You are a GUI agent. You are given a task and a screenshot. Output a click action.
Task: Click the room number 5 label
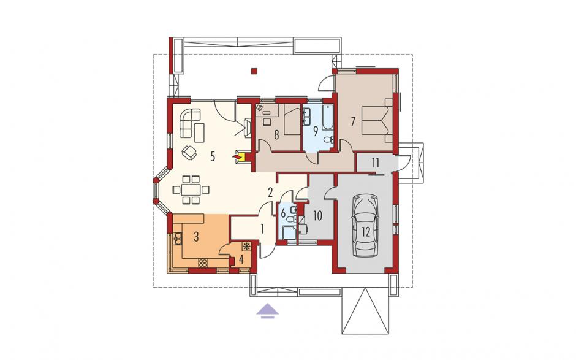213,156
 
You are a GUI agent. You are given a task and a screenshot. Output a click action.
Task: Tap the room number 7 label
353,121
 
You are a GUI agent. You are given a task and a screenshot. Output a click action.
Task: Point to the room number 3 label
196,237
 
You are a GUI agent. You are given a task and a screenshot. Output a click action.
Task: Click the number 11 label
375,163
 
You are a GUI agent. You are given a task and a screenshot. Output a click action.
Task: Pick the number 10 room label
317,215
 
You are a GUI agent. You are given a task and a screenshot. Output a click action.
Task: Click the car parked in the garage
365,226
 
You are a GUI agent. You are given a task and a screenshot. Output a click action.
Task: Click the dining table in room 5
191,190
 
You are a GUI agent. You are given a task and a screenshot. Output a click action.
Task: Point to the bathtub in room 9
328,118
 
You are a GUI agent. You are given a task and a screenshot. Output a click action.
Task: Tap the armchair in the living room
190,152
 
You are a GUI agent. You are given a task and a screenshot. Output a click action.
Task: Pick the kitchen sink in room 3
178,239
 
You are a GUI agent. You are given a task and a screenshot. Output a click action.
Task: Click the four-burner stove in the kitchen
203,262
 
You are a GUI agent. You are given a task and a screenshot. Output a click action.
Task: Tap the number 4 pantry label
241,259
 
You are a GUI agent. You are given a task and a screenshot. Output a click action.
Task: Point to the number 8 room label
276,135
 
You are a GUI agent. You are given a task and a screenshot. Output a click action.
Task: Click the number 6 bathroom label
283,213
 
